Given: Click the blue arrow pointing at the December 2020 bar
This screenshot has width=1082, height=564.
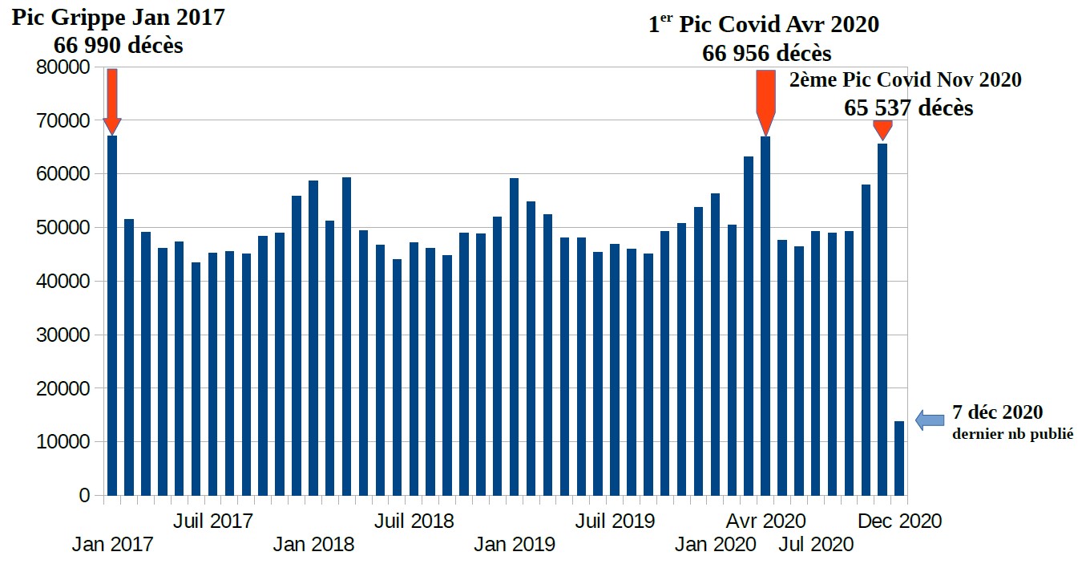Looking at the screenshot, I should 930,420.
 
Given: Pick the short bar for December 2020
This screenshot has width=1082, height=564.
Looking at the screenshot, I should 899,458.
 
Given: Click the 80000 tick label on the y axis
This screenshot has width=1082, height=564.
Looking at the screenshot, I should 63,67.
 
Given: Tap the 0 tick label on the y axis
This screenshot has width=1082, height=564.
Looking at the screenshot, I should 84,496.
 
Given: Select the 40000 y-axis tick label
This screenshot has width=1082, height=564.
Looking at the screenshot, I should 63,282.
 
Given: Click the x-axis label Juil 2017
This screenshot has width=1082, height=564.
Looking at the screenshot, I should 213,521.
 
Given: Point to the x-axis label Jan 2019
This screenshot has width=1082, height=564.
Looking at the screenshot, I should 515,545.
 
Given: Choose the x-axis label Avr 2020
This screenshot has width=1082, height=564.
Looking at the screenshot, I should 765,521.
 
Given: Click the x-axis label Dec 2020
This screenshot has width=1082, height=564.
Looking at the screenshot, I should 900,521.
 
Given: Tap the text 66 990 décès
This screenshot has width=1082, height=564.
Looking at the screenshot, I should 119,45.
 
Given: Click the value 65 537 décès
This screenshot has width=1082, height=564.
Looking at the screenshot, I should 909,108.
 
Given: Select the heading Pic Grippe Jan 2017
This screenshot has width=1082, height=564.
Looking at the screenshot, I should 118,18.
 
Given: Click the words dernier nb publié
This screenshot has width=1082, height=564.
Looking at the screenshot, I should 1012,434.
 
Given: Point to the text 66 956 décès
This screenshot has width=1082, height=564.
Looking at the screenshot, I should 767,54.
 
